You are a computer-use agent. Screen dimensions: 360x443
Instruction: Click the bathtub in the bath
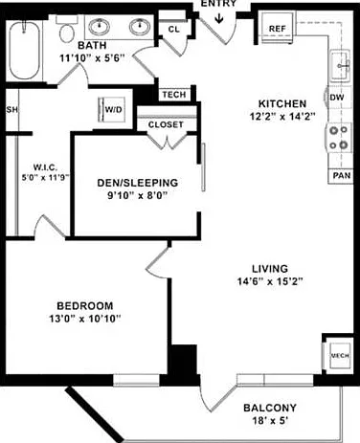(24, 51)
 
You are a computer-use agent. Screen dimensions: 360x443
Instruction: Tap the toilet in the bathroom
(66, 30)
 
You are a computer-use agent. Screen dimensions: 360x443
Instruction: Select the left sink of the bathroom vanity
(99, 27)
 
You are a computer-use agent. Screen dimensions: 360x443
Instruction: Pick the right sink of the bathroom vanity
(140, 27)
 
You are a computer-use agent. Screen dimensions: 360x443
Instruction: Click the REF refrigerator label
(277, 29)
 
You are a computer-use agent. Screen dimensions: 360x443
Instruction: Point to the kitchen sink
(340, 65)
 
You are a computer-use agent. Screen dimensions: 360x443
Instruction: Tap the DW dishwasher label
(337, 98)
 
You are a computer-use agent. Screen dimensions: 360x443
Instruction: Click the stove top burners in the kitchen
(339, 138)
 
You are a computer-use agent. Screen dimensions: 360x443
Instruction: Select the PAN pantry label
(342, 175)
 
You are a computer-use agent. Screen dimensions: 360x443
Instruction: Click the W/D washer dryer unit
(112, 109)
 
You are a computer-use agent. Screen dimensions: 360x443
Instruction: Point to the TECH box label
(174, 95)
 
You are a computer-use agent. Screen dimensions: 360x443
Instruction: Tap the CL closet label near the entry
(174, 30)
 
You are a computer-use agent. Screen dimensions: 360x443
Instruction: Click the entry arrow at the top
(219, 18)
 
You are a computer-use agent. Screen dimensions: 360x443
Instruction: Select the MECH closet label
(340, 356)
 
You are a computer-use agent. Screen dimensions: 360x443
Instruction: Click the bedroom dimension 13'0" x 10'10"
(85, 319)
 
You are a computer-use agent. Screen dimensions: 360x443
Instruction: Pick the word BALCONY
(270, 408)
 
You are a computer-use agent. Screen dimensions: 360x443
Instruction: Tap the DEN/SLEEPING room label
(138, 183)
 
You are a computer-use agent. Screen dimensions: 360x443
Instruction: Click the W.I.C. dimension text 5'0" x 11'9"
(45, 177)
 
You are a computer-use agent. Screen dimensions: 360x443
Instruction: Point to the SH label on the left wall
(12, 110)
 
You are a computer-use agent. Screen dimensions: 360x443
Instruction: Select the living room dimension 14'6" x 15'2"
(270, 281)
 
